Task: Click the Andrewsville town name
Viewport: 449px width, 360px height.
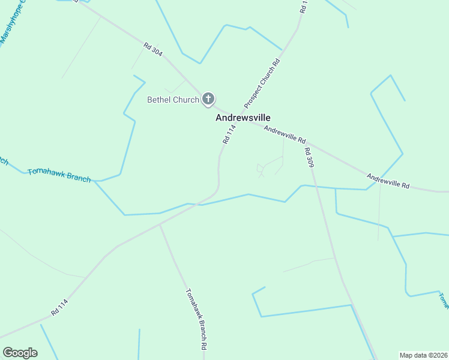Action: pos(243,118)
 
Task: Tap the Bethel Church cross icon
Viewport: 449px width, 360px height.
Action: pos(208,99)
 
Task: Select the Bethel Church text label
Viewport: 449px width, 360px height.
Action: pos(173,100)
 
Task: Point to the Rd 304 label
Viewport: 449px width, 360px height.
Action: pos(153,49)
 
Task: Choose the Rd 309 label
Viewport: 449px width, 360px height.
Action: pos(309,157)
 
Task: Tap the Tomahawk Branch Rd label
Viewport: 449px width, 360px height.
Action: pos(196,320)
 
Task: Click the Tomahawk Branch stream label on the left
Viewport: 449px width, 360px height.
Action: pos(59,175)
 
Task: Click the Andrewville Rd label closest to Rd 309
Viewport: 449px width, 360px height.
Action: pos(285,133)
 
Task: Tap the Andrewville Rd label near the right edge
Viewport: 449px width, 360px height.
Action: pos(388,181)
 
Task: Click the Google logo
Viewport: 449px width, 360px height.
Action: pos(20,353)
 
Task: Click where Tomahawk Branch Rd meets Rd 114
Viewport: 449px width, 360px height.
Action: pos(160,225)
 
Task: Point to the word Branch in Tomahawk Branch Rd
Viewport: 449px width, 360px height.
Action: pos(196,320)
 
